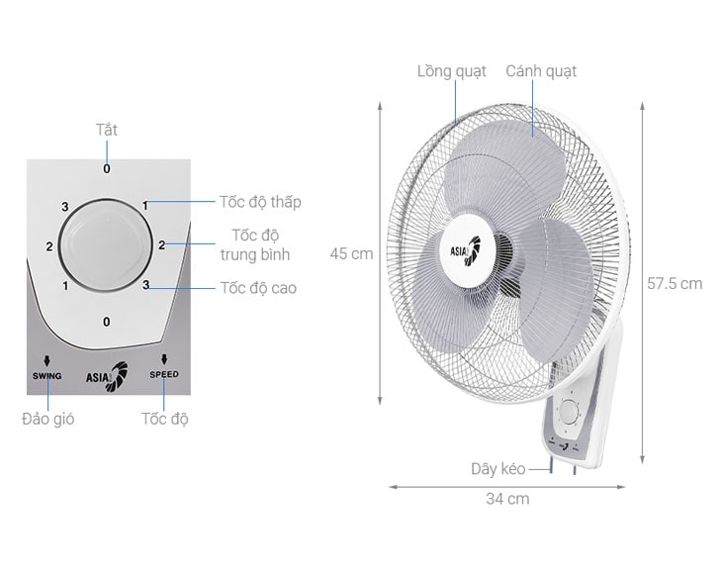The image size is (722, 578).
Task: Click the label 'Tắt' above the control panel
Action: tap(107, 130)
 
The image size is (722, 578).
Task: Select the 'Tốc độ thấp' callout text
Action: tap(260, 202)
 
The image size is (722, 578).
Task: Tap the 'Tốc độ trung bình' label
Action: tap(255, 244)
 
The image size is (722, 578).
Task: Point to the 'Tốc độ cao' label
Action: tap(258, 288)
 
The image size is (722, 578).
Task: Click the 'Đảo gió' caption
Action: tap(47, 419)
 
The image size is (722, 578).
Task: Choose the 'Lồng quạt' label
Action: tap(451, 71)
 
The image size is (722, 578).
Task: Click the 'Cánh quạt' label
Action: tap(541, 71)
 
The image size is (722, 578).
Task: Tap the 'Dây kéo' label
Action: tap(498, 469)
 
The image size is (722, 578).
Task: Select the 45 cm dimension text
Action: tap(351, 253)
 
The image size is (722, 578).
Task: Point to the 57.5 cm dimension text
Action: tap(675, 283)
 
